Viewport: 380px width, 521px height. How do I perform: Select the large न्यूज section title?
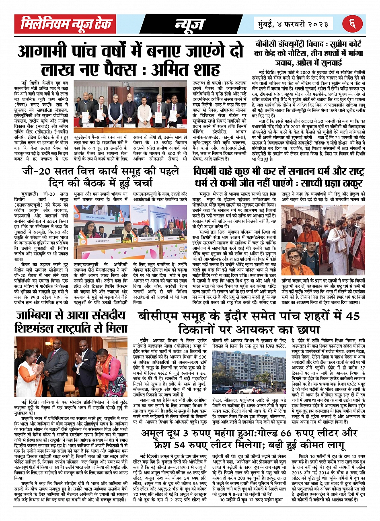click(190, 25)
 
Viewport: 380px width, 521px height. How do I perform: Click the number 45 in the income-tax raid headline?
click(352, 316)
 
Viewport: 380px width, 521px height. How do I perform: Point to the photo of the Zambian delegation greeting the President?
click(71, 367)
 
